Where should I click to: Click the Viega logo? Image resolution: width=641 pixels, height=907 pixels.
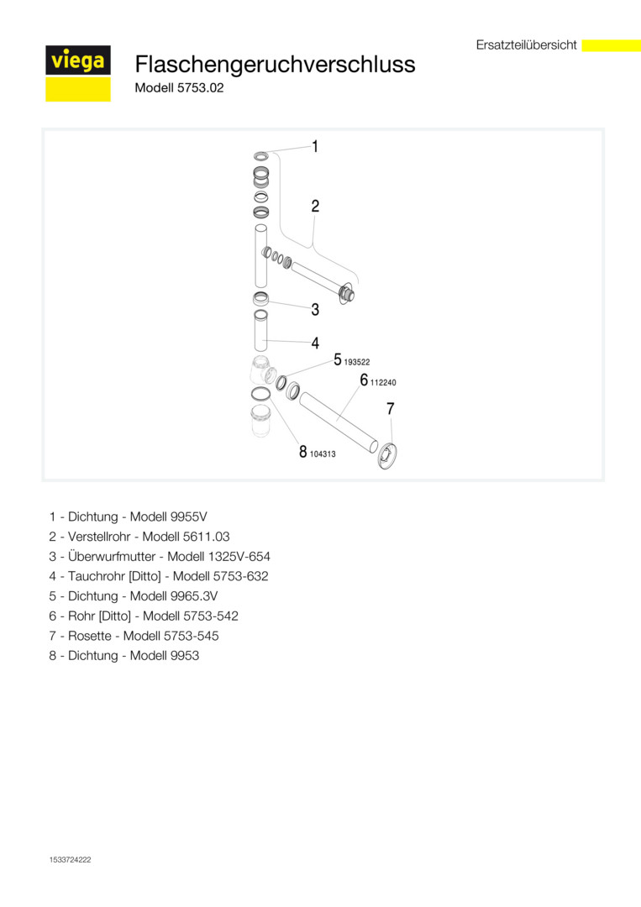(78, 73)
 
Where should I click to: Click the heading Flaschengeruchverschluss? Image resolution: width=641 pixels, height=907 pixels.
(275, 64)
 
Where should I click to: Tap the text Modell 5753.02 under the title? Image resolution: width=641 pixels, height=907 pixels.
(179, 88)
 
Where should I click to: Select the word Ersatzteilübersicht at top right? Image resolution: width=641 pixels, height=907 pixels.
(527, 45)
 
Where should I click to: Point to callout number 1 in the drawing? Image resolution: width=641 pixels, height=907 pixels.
(315, 146)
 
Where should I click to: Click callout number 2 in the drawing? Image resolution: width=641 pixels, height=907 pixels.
(315, 206)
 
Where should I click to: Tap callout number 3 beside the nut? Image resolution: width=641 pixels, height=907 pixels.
(315, 309)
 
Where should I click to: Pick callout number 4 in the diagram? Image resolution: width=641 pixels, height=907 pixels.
(315, 343)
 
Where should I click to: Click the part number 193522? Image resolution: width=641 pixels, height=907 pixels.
(357, 362)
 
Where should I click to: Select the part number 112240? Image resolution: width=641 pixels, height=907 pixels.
(383, 382)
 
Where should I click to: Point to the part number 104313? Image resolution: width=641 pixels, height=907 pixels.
(323, 454)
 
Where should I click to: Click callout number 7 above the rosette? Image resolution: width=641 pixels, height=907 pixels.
(391, 409)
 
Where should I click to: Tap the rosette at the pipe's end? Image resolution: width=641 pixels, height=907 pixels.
(387, 453)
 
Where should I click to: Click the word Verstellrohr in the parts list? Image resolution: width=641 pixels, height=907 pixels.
(99, 537)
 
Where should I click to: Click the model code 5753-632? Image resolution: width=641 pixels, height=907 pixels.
(240, 576)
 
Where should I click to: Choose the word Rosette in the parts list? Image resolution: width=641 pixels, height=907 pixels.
(90, 636)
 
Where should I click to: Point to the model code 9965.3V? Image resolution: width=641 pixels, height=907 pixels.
(194, 595)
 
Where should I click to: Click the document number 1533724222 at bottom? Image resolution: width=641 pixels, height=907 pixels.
(70, 860)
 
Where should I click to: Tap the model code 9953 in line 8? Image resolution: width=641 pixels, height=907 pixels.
(185, 655)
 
